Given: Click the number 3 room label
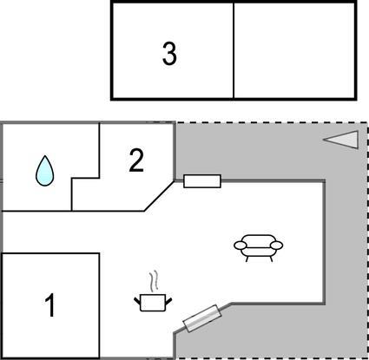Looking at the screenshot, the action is click(169, 54).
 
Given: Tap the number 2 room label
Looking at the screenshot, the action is click(136, 160).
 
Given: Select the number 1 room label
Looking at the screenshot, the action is click(50, 305).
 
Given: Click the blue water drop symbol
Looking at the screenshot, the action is click(44, 171).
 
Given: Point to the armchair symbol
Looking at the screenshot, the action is click(258, 248).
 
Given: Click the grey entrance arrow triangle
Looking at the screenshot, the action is click(341, 140).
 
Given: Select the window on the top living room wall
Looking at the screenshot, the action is click(202, 181).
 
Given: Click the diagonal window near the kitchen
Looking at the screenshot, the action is click(202, 318).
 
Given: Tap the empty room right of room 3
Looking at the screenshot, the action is click(293, 50).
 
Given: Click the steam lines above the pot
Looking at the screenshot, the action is click(155, 280).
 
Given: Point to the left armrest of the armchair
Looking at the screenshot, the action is click(240, 245).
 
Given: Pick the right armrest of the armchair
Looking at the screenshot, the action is click(277, 245).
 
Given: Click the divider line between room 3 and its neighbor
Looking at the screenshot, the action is click(234, 50).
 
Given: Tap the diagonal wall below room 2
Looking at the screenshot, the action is click(159, 196).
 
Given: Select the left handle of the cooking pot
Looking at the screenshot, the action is click(137, 301).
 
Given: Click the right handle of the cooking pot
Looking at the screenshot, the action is click(168, 301).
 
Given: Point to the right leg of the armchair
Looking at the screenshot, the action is click(271, 259).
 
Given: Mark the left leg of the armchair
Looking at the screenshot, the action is click(247, 259).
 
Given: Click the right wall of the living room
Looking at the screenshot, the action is click(324, 242).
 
